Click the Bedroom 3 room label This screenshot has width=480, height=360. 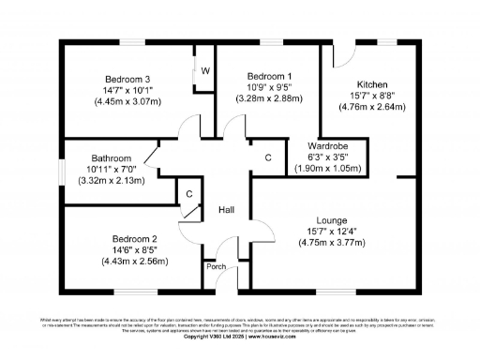pos(127,78)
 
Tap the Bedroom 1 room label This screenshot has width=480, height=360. pos(269,75)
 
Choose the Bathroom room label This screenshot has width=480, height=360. pos(112,157)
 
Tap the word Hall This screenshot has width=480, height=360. pos(227,210)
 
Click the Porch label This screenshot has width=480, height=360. pos(215,266)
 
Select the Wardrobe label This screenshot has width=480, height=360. pos(328,145)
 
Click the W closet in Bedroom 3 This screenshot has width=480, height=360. pos(204,70)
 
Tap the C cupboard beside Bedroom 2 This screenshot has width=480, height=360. pos(188,194)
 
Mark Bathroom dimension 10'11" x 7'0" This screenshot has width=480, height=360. pos(112,169)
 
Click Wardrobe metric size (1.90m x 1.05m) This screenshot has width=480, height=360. pos(328,168)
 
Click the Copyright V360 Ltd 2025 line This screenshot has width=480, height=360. pos(239,337)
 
